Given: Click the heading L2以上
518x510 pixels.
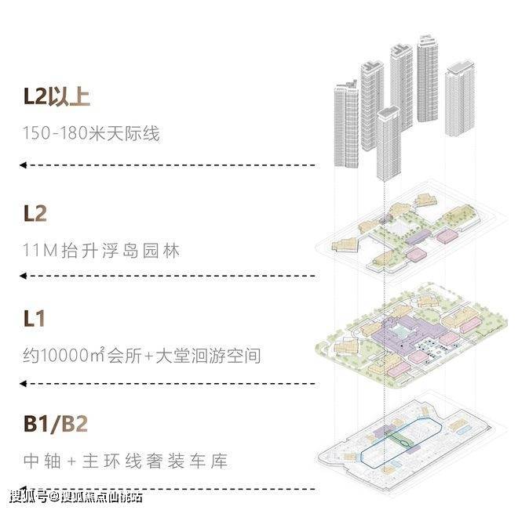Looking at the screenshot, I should click(x=57, y=98).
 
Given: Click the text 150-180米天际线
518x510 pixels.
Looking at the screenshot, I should click(x=91, y=134).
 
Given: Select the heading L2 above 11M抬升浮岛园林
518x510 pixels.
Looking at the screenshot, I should click(x=37, y=213).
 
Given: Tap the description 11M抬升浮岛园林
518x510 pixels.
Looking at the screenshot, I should click(x=102, y=251).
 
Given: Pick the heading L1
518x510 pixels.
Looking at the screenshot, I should click(x=35, y=320).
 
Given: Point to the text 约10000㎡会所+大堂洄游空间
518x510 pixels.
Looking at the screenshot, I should click(x=142, y=356).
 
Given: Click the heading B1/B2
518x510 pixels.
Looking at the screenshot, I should click(x=56, y=426).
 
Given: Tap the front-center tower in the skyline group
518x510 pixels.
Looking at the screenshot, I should click(x=387, y=145).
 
